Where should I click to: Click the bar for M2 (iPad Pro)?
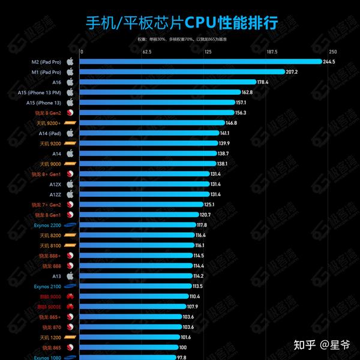point(201,61)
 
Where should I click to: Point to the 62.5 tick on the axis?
point(147,52)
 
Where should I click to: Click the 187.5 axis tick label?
point(271,52)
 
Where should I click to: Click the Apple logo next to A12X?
point(70,184)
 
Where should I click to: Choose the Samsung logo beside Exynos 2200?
point(70,225)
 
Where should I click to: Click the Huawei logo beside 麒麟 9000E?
point(70,307)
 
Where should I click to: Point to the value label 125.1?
point(209,205)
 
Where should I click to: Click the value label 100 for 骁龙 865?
point(183,347)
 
